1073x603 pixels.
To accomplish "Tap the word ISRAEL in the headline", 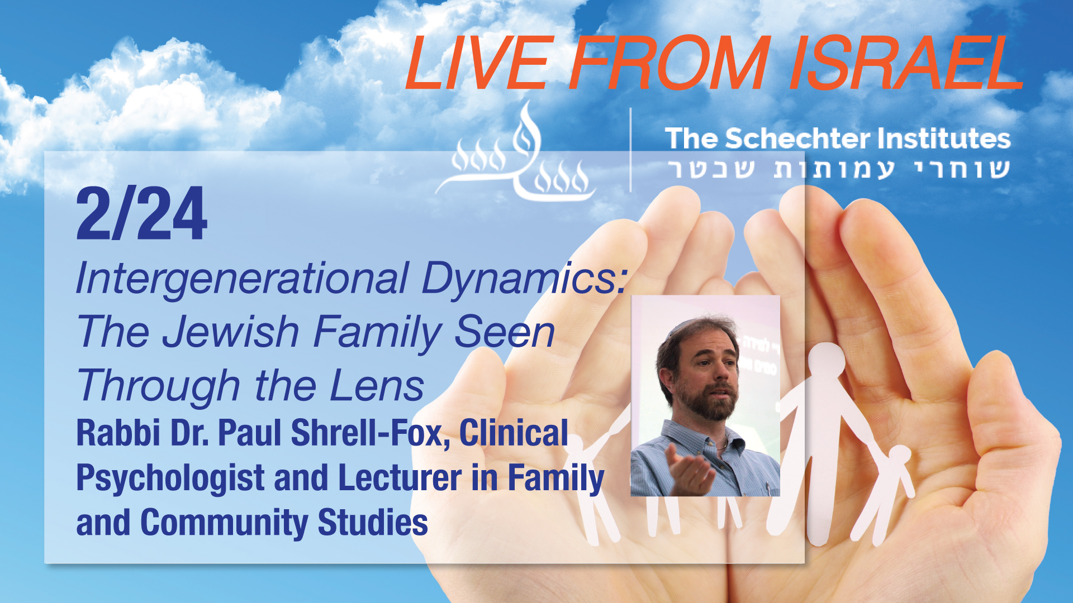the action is click(906, 63).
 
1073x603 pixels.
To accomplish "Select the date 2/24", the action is click(142, 214).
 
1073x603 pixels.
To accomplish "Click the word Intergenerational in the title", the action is click(242, 279).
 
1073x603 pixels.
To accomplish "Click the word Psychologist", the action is click(170, 479).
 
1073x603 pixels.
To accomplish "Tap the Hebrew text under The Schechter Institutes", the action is click(839, 169).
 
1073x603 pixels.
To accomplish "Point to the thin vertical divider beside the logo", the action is click(631, 150).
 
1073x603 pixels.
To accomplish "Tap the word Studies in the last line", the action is click(373, 523).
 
